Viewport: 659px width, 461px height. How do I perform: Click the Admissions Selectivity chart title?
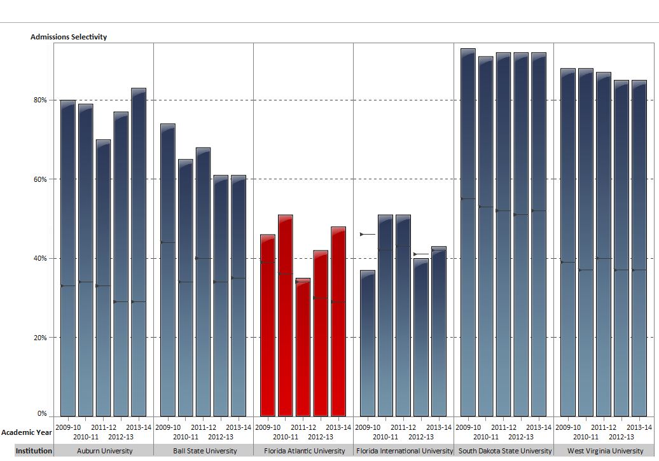click(x=69, y=37)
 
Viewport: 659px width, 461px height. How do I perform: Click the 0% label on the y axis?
click(x=42, y=414)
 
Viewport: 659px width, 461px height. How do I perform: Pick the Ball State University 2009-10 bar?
click(x=168, y=270)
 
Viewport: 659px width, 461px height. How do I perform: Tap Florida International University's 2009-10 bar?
click(x=368, y=343)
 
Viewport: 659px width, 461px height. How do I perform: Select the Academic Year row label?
click(x=26, y=432)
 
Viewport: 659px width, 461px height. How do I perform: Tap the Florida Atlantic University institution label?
click(x=303, y=451)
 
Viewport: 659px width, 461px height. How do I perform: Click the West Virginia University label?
click(x=606, y=451)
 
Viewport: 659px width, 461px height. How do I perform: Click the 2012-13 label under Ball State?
click(x=221, y=437)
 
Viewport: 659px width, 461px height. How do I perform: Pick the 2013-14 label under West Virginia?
click(x=639, y=427)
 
